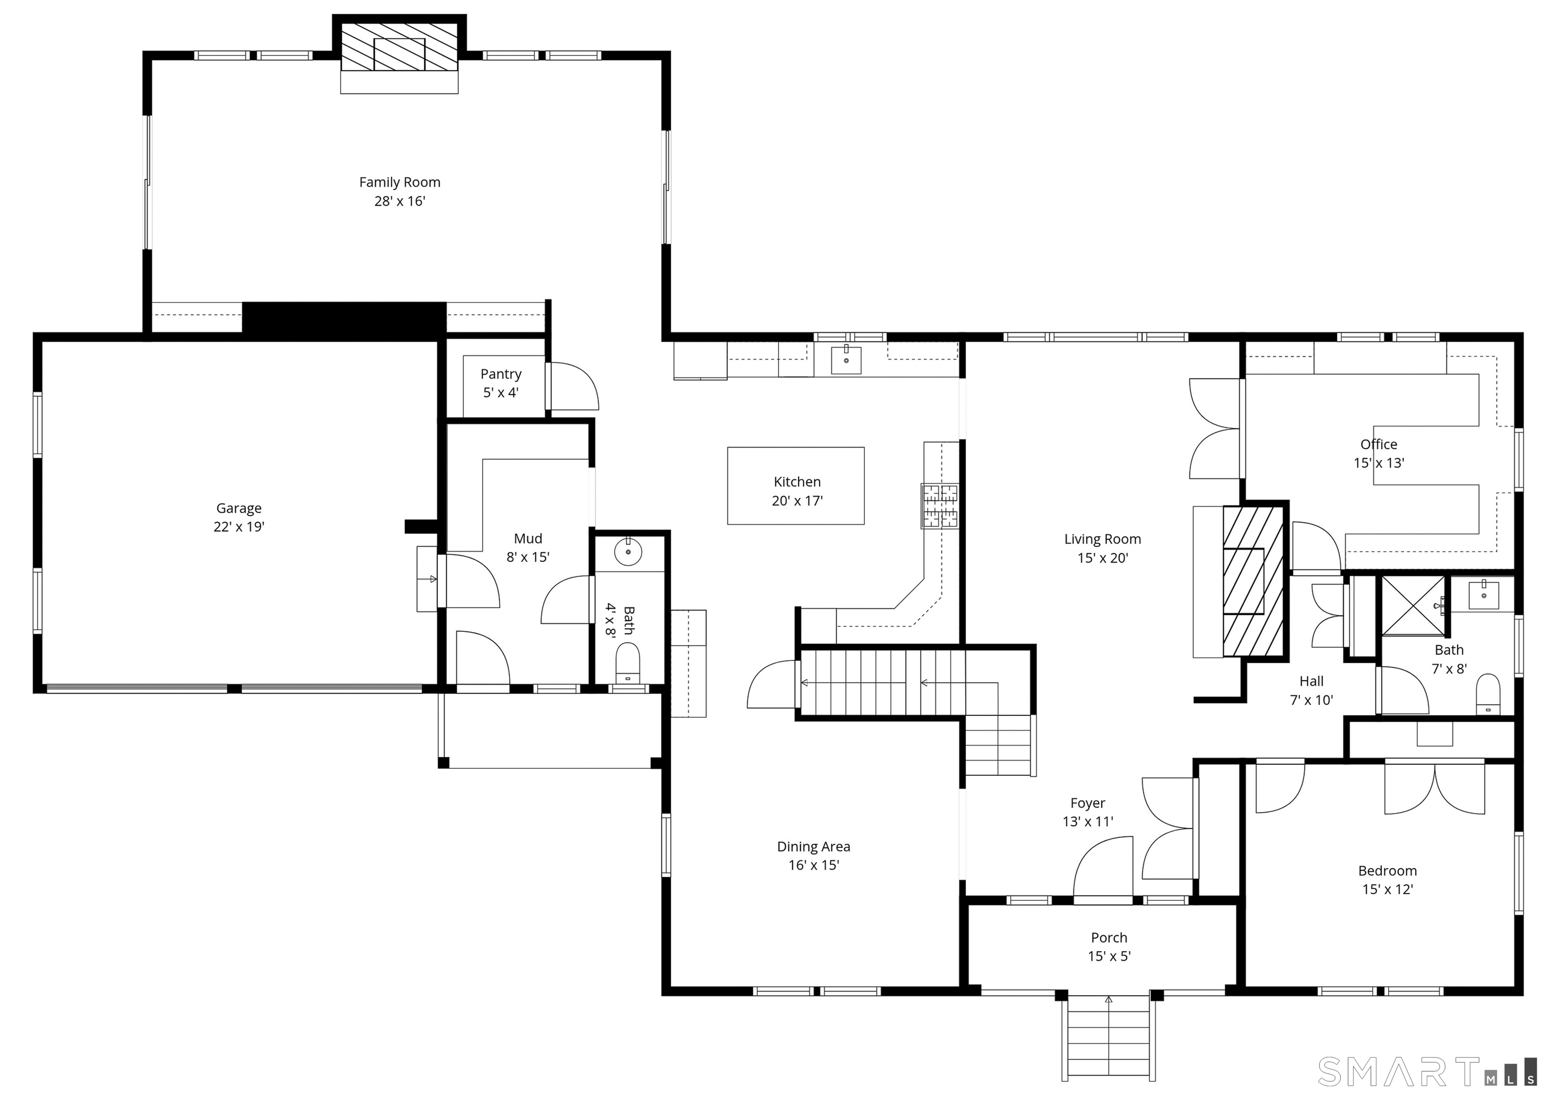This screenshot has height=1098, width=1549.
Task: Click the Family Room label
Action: (x=399, y=182)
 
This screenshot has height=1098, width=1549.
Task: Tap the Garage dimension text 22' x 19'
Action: (x=239, y=527)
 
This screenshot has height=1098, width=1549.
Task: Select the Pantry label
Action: (x=501, y=374)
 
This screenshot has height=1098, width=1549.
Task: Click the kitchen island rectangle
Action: (x=796, y=485)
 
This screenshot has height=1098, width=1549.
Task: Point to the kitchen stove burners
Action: (x=940, y=506)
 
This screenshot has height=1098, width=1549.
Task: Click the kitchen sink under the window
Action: (x=847, y=359)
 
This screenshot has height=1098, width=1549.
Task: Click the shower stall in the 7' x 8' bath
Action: (x=1412, y=606)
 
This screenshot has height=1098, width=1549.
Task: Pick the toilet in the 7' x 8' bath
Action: (x=1487, y=694)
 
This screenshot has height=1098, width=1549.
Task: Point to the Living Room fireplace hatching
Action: (x=1252, y=581)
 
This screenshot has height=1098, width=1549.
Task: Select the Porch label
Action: (x=1109, y=938)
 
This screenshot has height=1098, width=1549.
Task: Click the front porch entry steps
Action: (x=1108, y=1046)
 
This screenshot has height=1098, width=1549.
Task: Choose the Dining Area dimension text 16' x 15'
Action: (x=813, y=865)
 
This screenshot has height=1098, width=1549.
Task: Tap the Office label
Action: (x=1379, y=444)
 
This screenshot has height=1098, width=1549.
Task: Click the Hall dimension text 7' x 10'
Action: (x=1311, y=700)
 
